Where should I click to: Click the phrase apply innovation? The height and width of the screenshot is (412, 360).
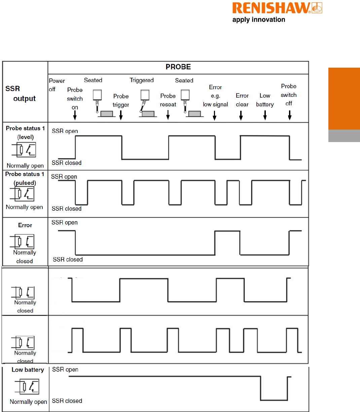(259, 20)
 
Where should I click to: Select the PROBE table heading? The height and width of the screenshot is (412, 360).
(178, 67)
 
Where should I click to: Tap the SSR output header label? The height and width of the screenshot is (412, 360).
(20, 93)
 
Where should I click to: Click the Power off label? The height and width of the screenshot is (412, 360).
(57, 85)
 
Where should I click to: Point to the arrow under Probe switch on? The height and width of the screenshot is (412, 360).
(75, 115)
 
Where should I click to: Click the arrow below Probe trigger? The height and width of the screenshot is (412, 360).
(121, 115)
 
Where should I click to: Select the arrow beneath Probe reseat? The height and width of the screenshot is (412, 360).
(168, 115)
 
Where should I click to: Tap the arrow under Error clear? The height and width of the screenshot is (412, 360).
(241, 115)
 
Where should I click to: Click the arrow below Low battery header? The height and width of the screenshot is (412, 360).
(265, 115)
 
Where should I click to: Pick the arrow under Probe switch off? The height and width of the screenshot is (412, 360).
(289, 115)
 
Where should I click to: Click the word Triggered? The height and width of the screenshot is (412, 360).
(142, 80)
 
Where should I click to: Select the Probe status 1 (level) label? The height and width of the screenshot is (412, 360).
(25, 132)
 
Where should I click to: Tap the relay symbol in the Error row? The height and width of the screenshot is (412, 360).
(25, 241)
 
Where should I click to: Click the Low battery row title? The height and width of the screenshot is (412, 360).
(28, 370)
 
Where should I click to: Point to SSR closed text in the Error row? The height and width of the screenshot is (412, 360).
(68, 260)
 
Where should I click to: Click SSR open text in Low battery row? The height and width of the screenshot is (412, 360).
(65, 370)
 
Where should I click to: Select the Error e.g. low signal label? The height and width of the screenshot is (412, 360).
(215, 96)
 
